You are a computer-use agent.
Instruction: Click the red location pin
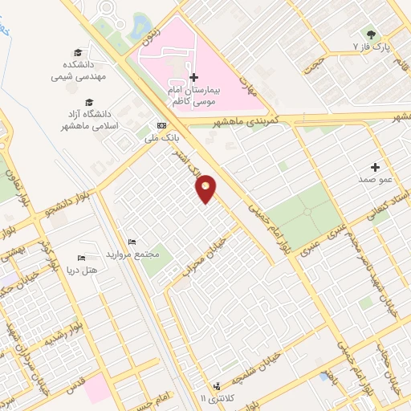pos(206,189)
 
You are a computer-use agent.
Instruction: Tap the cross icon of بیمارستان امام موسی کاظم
pos(193,77)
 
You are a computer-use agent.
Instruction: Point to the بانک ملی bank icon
pos(162,126)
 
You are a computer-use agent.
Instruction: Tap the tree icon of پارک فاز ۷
pos(370,35)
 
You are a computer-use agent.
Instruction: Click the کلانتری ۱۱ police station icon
pos(216,386)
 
